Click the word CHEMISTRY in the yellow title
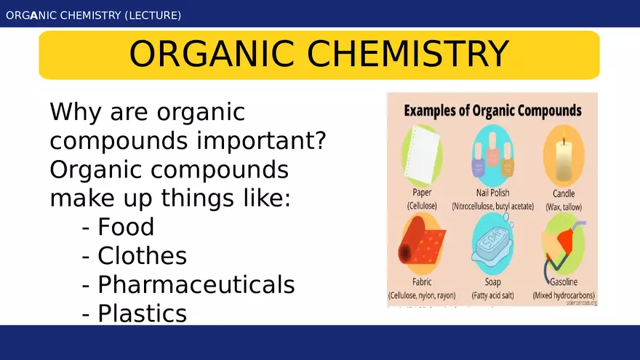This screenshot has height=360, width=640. click(407, 55)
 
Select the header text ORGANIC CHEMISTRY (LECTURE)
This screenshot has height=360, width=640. click(94, 15)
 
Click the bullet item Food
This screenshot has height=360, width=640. click(126, 227)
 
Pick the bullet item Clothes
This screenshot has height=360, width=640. click(142, 256)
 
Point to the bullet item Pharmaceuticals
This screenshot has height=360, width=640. click(196, 284)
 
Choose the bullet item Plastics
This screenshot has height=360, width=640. click(142, 313)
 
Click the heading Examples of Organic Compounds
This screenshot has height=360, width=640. click(492, 111)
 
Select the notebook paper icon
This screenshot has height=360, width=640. click(423, 155)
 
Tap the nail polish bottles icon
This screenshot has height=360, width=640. click(492, 156)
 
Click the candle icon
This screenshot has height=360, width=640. click(564, 156)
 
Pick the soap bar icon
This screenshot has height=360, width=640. click(492, 247)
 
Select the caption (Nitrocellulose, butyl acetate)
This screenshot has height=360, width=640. click(492, 207)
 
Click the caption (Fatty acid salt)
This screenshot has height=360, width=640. click(492, 296)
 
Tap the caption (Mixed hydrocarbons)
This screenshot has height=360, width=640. click(564, 296)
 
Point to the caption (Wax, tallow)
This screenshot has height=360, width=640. click(564, 207)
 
